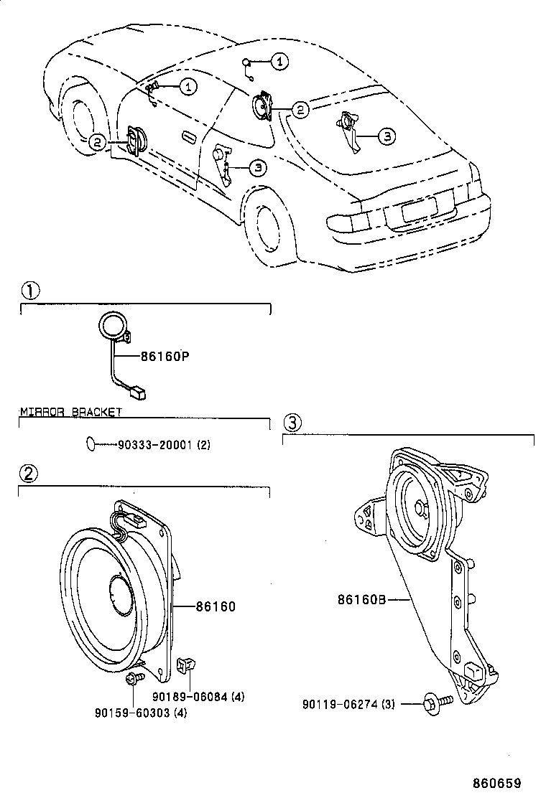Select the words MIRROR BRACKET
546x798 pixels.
(x=70, y=412)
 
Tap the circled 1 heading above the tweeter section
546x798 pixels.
(x=29, y=291)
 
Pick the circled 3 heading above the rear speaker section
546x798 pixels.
(x=292, y=421)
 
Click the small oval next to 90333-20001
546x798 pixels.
(x=90, y=445)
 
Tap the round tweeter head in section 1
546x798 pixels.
(x=111, y=325)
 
